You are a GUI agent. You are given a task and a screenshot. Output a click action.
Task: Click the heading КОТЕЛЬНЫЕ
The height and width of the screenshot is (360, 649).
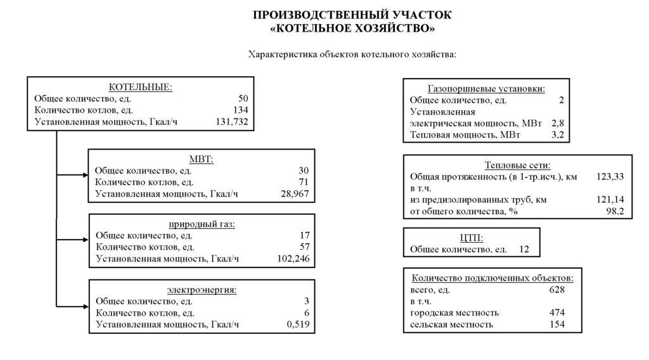point(141,87)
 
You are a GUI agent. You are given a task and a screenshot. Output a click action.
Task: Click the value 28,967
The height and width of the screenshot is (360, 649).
point(293,193)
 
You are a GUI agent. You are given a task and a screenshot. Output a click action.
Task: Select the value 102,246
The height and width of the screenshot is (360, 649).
point(293,259)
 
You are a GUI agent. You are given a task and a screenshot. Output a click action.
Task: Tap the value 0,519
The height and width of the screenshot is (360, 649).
point(298,325)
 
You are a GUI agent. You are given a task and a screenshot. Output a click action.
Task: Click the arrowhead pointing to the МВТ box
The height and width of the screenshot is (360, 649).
point(84,174)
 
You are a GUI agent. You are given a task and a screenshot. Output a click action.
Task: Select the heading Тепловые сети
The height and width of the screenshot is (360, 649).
point(517,165)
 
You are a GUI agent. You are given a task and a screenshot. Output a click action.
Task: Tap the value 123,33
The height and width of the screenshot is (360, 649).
point(610,177)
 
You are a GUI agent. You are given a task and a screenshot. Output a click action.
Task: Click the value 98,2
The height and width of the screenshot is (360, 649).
point(615,211)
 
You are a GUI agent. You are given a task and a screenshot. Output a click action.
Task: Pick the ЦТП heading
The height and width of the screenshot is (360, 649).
point(471,238)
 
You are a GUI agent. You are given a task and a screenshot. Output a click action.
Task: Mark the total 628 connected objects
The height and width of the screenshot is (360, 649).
point(556,290)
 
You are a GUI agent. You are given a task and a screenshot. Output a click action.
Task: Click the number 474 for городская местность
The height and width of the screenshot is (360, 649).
point(556,313)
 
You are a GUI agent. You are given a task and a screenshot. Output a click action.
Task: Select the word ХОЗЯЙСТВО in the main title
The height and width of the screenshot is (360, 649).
point(390,29)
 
